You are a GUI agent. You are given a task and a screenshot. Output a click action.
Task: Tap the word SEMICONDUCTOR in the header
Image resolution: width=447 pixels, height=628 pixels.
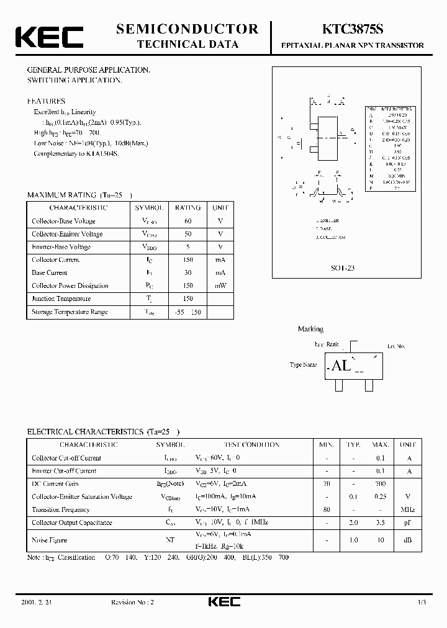[x=187, y=29]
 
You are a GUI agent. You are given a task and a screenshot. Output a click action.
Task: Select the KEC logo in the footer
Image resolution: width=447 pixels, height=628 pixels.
[x=223, y=603]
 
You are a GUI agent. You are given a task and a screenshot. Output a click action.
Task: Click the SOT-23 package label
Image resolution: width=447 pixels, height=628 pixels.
[x=343, y=269]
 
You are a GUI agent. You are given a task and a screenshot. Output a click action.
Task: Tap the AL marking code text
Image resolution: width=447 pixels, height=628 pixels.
[x=341, y=366]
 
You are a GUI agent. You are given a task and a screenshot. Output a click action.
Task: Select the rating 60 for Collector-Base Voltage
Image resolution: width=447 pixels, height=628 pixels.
[x=187, y=221]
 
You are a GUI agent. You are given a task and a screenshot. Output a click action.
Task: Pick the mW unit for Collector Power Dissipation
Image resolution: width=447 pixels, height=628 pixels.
[x=220, y=286]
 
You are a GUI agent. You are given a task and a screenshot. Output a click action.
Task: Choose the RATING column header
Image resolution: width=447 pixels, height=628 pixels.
[x=187, y=208]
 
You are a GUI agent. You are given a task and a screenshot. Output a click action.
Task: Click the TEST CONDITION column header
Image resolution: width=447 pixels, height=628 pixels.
[x=253, y=445]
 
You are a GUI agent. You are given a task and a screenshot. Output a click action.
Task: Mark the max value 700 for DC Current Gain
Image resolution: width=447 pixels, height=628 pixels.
[x=380, y=483]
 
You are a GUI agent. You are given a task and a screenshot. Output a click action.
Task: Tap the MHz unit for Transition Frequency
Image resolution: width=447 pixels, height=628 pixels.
[x=408, y=509]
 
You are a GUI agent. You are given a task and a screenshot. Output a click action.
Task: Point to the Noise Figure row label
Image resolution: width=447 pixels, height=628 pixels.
[x=49, y=541]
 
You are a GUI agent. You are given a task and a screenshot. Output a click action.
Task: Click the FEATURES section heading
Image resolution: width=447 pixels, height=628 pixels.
[x=46, y=101]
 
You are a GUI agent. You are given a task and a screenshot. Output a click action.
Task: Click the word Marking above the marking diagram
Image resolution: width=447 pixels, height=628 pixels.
[x=310, y=329]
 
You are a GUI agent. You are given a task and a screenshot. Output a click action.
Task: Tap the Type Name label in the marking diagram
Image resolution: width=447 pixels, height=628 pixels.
[x=304, y=365]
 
